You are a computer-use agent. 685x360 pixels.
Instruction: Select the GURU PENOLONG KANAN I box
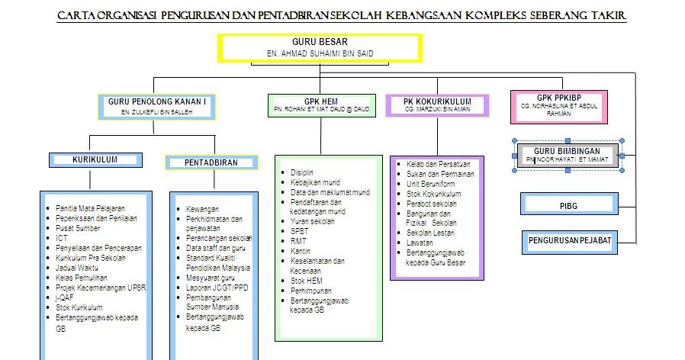[157, 106]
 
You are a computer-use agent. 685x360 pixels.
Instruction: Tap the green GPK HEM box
[322, 104]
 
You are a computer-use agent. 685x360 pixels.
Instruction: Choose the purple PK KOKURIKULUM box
[437, 104]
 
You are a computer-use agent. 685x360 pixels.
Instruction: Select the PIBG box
[568, 205]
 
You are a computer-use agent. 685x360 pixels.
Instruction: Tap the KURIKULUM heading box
[95, 160]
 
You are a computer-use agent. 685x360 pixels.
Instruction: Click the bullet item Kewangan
[202, 208]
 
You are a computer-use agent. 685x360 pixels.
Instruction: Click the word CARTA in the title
[80, 15]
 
